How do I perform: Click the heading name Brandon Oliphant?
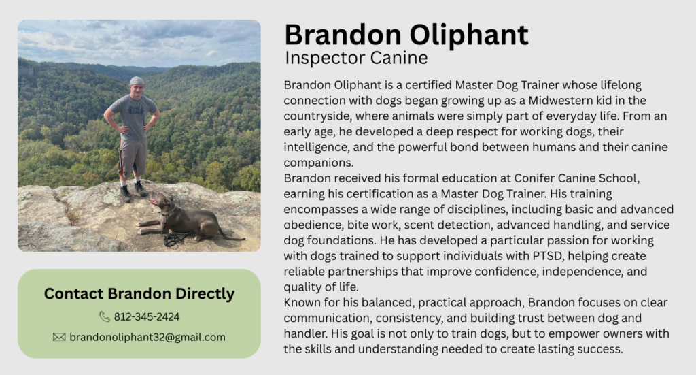click(x=406, y=35)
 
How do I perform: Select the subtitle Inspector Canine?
click(x=356, y=58)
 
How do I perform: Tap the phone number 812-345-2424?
click(x=147, y=316)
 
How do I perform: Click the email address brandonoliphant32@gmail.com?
click(x=147, y=338)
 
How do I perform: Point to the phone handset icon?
click(x=104, y=316)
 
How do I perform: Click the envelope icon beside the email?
click(x=59, y=338)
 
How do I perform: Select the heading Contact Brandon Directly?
click(x=139, y=294)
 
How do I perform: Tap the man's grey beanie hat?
click(x=137, y=81)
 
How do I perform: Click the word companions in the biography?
click(x=318, y=163)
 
